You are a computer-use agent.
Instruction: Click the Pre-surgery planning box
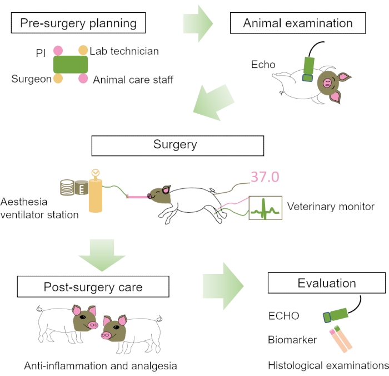coord(78,23)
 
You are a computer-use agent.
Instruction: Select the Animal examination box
coord(298,23)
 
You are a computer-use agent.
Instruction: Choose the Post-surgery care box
coord(93,287)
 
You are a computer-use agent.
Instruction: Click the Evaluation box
coord(326,283)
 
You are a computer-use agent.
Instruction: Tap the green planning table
coord(71,65)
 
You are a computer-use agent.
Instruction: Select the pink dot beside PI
coord(58,51)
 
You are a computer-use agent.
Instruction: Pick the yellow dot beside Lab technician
coord(83,51)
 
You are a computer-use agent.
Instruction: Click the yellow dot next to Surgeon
coord(58,79)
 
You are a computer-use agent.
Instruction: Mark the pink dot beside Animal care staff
coord(83,79)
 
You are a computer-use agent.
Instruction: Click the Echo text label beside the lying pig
coord(263,65)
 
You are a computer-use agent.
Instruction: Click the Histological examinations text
coord(328,366)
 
